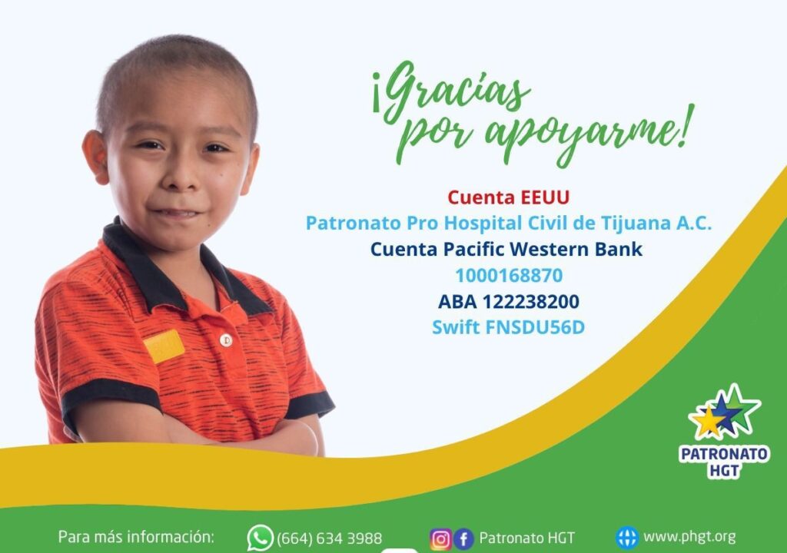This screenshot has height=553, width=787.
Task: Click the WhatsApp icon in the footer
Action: click(260, 538)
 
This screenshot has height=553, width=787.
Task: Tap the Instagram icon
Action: click(440, 539)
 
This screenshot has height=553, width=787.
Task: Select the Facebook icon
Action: click(463, 539)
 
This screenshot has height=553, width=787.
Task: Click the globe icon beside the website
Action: click(627, 538)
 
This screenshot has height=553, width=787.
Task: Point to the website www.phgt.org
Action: click(689, 537)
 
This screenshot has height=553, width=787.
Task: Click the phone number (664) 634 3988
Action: click(329, 538)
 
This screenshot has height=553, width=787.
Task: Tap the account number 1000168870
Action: click(509, 276)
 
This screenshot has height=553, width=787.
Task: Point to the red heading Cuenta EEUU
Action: click(509, 197)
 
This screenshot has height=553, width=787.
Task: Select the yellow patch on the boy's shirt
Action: click(164, 346)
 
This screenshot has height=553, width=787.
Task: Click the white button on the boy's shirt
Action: click(226, 340)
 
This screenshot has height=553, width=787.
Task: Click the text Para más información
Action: click(136, 537)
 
